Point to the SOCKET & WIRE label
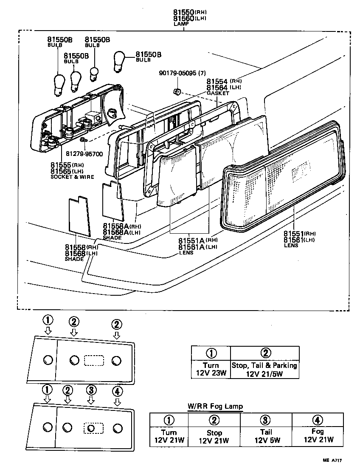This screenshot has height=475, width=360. (x=73, y=176)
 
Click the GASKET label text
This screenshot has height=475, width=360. (x=217, y=93)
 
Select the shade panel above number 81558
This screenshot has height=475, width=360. (x=80, y=216)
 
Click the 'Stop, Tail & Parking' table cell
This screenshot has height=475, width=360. (x=264, y=369)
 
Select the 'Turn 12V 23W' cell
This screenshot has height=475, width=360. (x=211, y=369)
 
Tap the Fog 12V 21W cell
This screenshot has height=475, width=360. (x=318, y=435)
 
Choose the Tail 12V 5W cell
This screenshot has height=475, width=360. (x=266, y=435)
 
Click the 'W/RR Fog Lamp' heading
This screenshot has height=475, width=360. (x=215, y=406)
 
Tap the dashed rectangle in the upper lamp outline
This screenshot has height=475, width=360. (x=94, y=360)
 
